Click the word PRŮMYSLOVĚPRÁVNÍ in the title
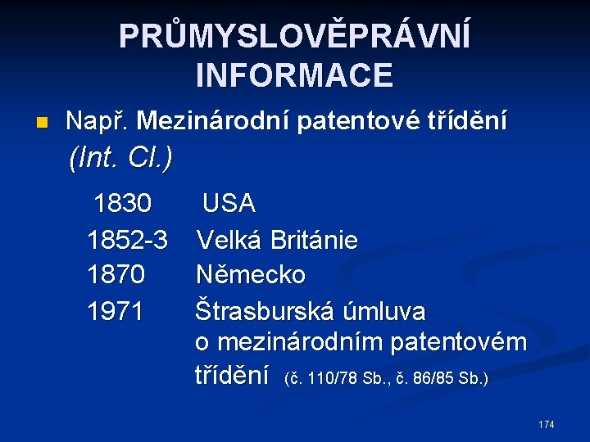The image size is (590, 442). coord(295,37)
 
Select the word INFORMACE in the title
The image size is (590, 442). coord(295,74)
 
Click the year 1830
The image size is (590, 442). coord(122,202)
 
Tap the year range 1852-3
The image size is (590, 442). coord(127,240)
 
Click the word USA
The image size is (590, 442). coord(229,202)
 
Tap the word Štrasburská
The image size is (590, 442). coord(261,311)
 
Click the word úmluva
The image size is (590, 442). coord(386,311)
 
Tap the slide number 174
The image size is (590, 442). coord(546,424)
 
